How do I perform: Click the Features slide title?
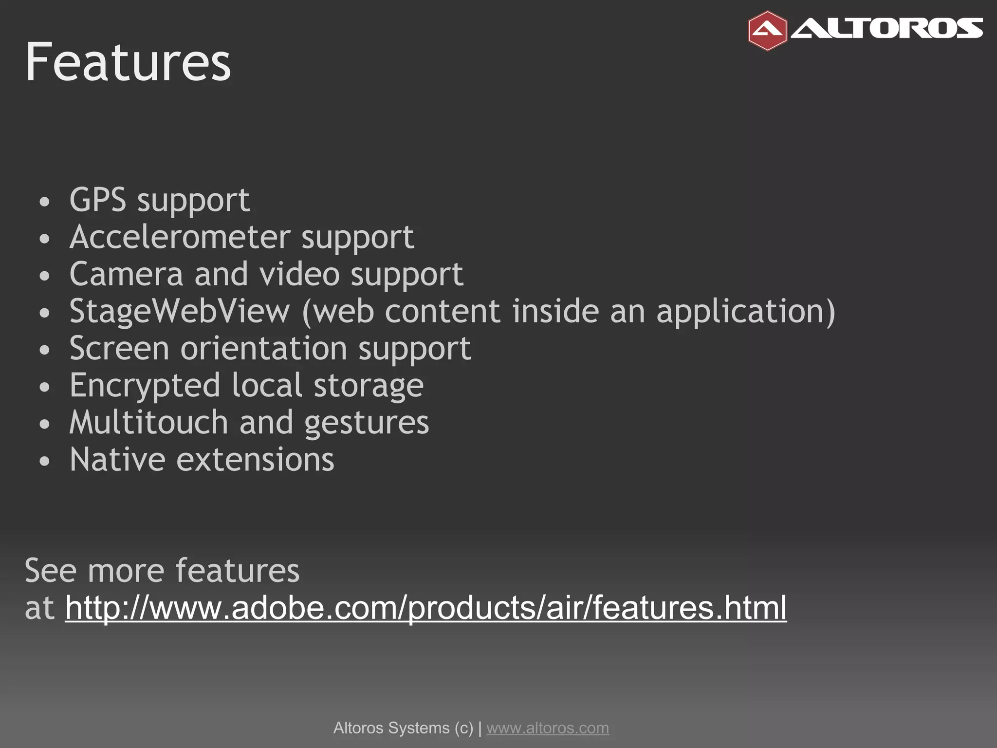click(128, 62)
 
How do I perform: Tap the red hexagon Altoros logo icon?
click(767, 31)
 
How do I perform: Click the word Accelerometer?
click(180, 237)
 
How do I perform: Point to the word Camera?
click(126, 274)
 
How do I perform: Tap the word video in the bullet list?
click(299, 274)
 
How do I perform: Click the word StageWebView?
click(180, 312)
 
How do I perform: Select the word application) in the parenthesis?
click(746, 312)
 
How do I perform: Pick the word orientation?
click(264, 349)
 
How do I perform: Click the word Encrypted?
click(145, 386)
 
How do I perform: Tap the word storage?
click(369, 386)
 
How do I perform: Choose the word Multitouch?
click(148, 423)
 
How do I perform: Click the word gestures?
click(367, 423)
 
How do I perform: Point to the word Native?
click(117, 460)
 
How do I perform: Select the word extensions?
click(255, 460)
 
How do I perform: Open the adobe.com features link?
click(426, 608)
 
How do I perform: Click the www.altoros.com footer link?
click(548, 728)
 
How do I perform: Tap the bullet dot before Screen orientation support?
click(45, 350)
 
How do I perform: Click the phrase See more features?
click(162, 570)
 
